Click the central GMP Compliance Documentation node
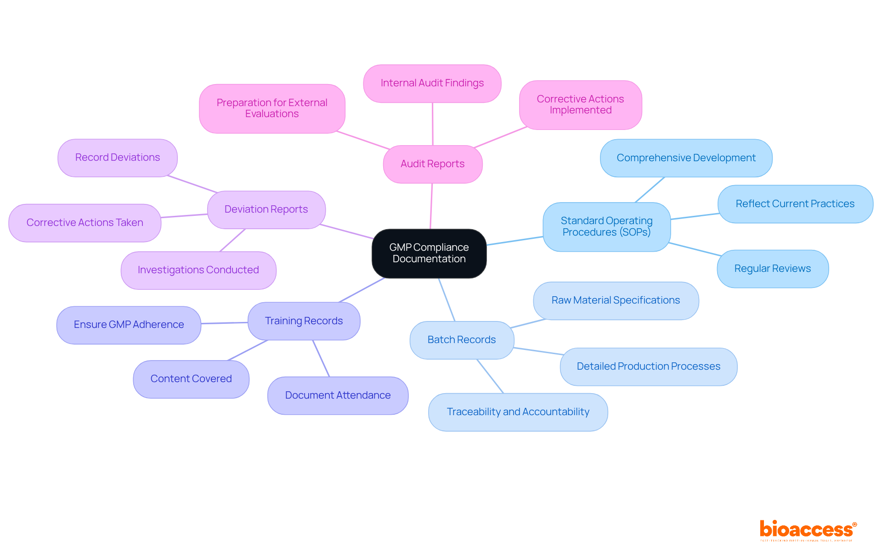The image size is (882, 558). click(429, 253)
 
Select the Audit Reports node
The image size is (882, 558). click(432, 164)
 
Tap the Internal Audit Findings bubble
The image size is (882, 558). click(432, 83)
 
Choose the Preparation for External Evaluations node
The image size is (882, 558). click(272, 108)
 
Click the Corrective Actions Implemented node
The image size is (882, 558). click(580, 105)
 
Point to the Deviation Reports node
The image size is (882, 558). click(266, 209)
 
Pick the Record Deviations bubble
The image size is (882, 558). click(118, 158)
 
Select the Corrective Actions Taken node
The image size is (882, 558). click(85, 223)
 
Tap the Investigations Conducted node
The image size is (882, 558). click(198, 270)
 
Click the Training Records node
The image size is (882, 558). click(304, 321)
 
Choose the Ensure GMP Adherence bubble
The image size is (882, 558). click(129, 325)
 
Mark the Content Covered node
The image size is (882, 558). click(191, 379)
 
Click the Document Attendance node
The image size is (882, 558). click(338, 395)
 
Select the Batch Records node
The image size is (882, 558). click(462, 340)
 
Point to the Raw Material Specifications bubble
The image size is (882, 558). click(616, 300)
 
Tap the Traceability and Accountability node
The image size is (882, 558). click(518, 412)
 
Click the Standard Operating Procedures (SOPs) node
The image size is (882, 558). click(606, 226)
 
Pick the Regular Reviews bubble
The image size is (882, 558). click(773, 269)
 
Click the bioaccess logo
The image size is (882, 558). click(808, 530)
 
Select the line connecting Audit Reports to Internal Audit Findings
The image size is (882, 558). click(432, 124)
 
